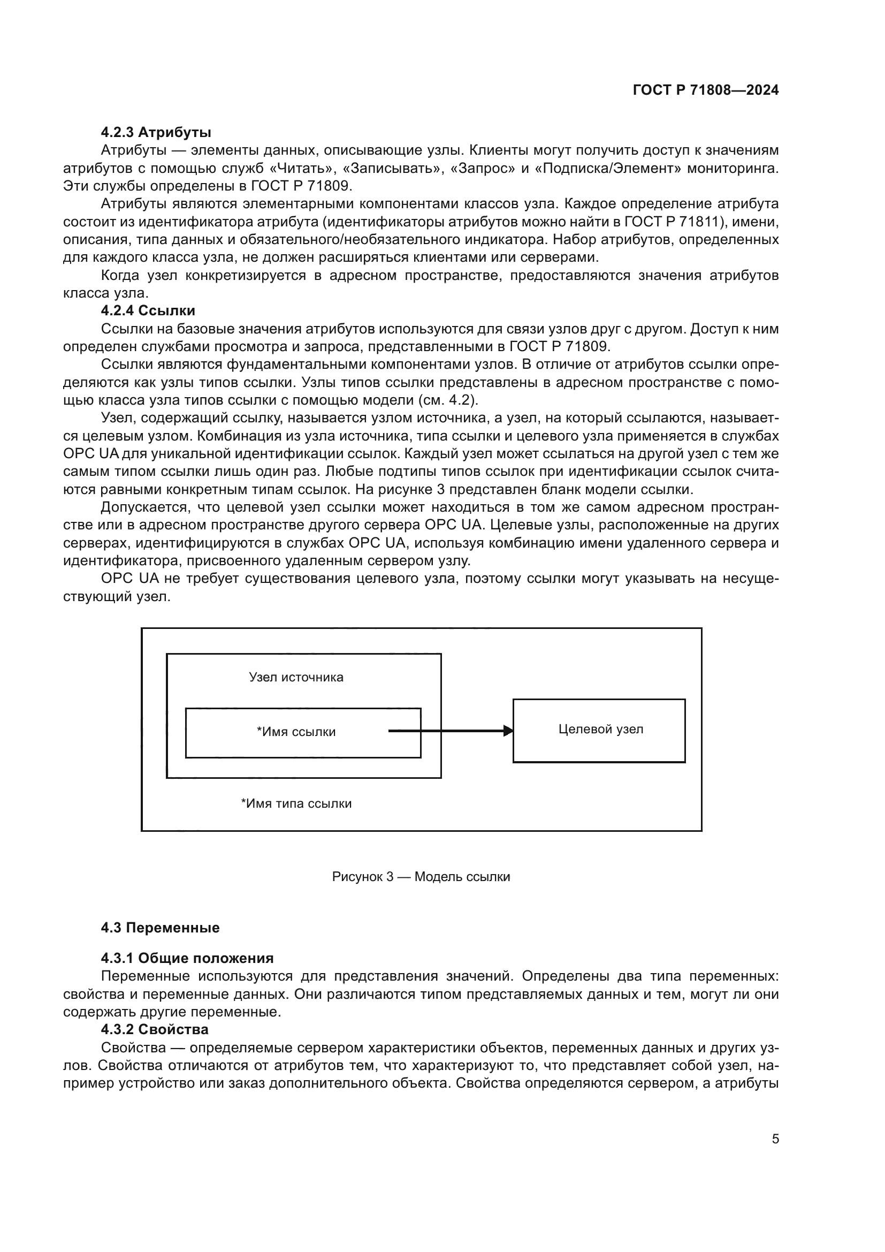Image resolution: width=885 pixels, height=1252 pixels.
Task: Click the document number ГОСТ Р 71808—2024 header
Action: coord(705,90)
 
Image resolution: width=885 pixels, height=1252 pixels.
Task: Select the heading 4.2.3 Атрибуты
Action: coord(156,132)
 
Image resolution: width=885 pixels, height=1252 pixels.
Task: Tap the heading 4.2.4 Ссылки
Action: coord(148,310)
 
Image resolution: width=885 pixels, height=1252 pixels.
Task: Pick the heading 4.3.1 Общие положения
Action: coord(187,958)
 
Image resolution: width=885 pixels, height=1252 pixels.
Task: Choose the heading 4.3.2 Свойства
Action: coord(154,1029)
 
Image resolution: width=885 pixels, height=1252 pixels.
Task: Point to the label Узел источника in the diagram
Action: coord(296,677)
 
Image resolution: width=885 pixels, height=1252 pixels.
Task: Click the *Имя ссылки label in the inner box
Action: coord(296,732)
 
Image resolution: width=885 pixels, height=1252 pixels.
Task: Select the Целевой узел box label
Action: coord(600,729)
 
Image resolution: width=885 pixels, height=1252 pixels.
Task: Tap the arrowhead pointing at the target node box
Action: coord(508,731)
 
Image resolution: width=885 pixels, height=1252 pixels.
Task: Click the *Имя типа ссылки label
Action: coord(296,803)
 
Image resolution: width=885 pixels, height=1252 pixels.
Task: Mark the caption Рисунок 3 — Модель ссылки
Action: coord(421,876)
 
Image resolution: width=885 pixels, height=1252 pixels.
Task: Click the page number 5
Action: coord(775,1139)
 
